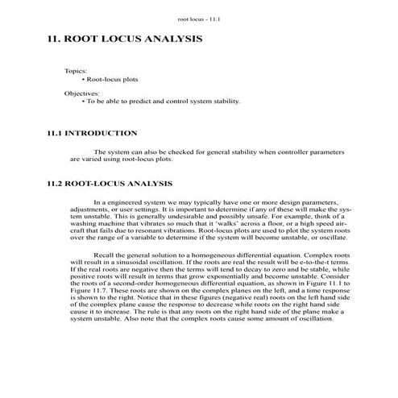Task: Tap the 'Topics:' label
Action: (76, 72)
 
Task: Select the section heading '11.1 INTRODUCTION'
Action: (92, 133)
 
